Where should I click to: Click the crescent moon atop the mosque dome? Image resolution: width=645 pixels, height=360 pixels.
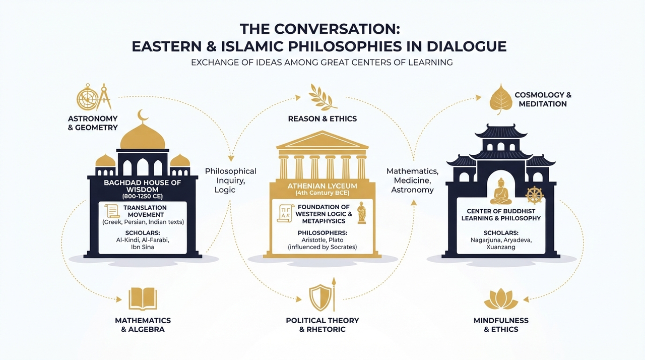pyautogui.click(x=142, y=116)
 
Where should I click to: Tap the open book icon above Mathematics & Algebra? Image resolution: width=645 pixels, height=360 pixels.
pyautogui.click(x=143, y=298)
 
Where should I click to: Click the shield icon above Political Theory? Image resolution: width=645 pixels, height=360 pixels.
pyautogui.click(x=320, y=297)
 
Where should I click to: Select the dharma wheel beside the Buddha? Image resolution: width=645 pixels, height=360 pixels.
pyautogui.click(x=535, y=195)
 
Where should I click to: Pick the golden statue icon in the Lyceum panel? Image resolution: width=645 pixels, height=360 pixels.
pyautogui.click(x=361, y=213)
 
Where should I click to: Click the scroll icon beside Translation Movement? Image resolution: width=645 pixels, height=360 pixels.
pyautogui.click(x=112, y=211)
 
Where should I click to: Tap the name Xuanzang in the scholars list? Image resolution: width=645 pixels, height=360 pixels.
pyautogui.click(x=501, y=247)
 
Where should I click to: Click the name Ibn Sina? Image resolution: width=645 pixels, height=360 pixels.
pyautogui.click(x=143, y=247)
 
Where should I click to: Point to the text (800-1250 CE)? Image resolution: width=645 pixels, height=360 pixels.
pyautogui.click(x=143, y=197)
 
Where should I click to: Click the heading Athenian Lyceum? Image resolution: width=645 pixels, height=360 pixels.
pyautogui.click(x=322, y=186)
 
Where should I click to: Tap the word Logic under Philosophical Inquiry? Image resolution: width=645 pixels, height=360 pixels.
pyautogui.click(x=225, y=191)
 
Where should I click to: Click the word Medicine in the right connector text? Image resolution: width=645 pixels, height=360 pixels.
pyautogui.click(x=412, y=181)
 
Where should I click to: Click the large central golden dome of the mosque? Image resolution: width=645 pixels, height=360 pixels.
pyautogui.click(x=143, y=137)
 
